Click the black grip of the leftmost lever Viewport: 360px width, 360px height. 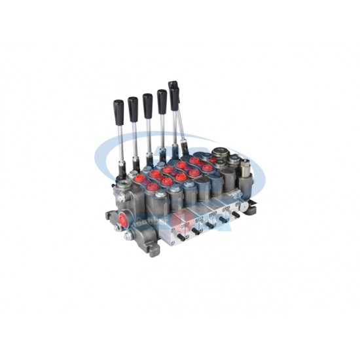click(x=118, y=109)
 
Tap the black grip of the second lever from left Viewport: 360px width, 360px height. click(x=133, y=105)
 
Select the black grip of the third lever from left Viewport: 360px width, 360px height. click(x=148, y=103)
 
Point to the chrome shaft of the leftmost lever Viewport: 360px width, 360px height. click(x=120, y=141)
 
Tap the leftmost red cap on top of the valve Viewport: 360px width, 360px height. click(x=152, y=187)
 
